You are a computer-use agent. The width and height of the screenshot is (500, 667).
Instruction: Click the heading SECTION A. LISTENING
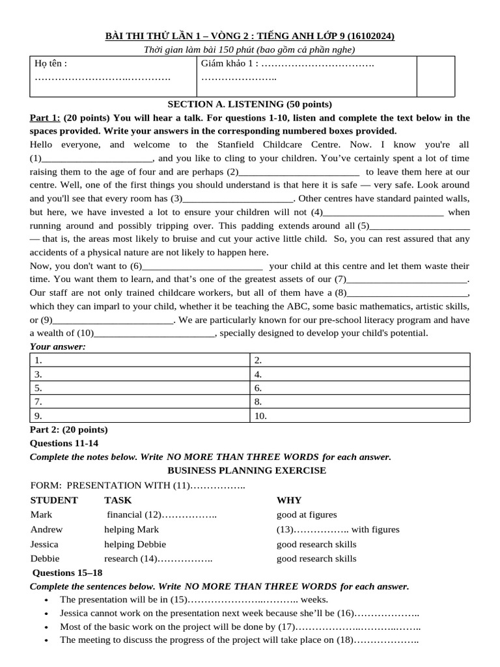(250, 104)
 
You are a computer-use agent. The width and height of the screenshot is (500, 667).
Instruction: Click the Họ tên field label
(51, 64)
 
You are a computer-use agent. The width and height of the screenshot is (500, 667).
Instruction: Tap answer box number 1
(139, 360)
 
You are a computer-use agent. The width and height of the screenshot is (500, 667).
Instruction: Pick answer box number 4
(359, 375)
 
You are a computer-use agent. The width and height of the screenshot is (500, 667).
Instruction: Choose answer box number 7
(139, 402)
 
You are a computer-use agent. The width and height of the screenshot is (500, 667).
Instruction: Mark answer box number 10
(359, 416)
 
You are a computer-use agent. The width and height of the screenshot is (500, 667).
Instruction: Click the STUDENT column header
(54, 500)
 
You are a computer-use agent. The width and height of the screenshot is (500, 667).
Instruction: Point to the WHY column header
(289, 500)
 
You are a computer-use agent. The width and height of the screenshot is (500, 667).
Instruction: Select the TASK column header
(118, 500)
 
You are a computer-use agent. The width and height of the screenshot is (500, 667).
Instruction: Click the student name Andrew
(47, 530)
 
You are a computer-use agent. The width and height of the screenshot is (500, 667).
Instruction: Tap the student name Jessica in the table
(44, 544)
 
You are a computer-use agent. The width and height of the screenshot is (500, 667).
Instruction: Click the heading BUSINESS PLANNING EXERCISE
(247, 470)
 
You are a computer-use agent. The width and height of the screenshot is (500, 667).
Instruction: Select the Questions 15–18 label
(68, 573)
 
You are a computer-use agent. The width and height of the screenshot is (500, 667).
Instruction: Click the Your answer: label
(58, 347)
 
